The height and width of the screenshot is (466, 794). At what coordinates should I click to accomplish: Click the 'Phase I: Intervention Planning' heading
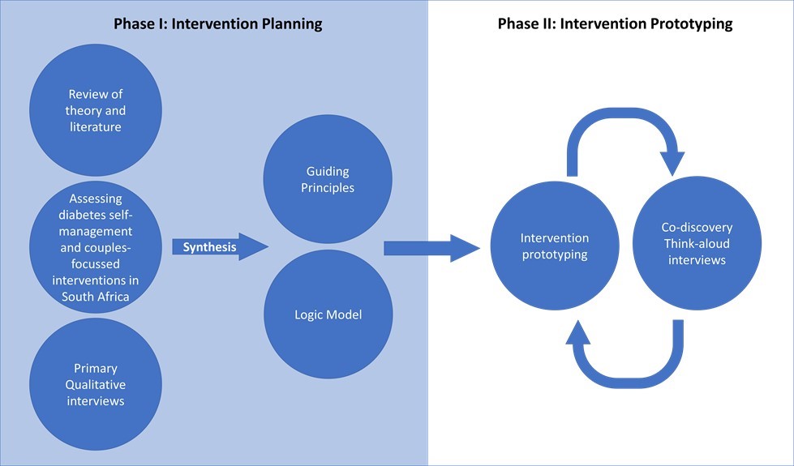(x=217, y=24)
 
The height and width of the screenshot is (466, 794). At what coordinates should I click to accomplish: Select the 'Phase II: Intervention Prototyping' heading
(x=615, y=24)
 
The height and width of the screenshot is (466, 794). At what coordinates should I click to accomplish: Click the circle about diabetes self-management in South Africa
(x=96, y=247)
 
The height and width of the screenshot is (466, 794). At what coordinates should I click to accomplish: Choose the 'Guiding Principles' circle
(x=328, y=179)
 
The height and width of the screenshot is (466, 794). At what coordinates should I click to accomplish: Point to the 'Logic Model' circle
(x=328, y=314)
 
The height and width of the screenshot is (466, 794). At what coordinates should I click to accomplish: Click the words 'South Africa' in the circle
(x=96, y=296)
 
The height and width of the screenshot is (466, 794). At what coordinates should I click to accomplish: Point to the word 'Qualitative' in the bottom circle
(x=96, y=384)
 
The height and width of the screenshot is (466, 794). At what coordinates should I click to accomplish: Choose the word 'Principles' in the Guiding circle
(x=328, y=187)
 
